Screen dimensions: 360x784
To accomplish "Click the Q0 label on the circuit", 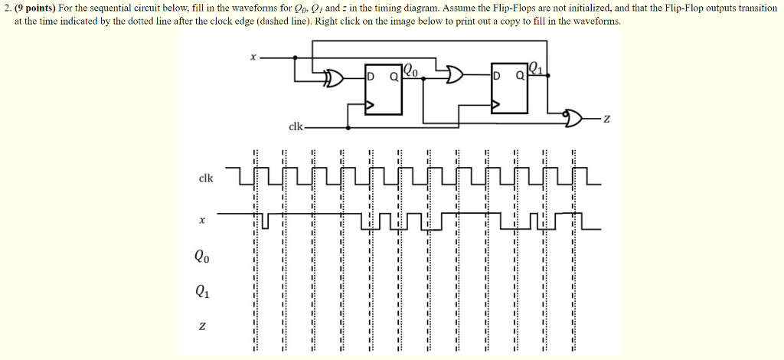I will pyautogui.click(x=411, y=71).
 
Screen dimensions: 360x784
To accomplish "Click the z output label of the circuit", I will pyautogui.click(x=606, y=119).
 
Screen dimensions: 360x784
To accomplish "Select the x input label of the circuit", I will pyautogui.click(x=253, y=57).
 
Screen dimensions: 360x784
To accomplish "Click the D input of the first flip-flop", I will pyautogui.click(x=371, y=77).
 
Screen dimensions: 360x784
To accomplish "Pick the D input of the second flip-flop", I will pyautogui.click(x=497, y=77).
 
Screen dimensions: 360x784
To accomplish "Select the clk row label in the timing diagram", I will pyautogui.click(x=206, y=178).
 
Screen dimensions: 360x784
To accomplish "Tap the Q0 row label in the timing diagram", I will pyautogui.click(x=201, y=257).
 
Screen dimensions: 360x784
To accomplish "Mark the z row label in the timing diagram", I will pyautogui.click(x=201, y=326).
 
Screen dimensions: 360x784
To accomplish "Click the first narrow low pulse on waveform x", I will pyautogui.click(x=265, y=221).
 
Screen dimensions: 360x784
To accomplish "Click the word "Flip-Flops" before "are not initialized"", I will pyautogui.click(x=517, y=8).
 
